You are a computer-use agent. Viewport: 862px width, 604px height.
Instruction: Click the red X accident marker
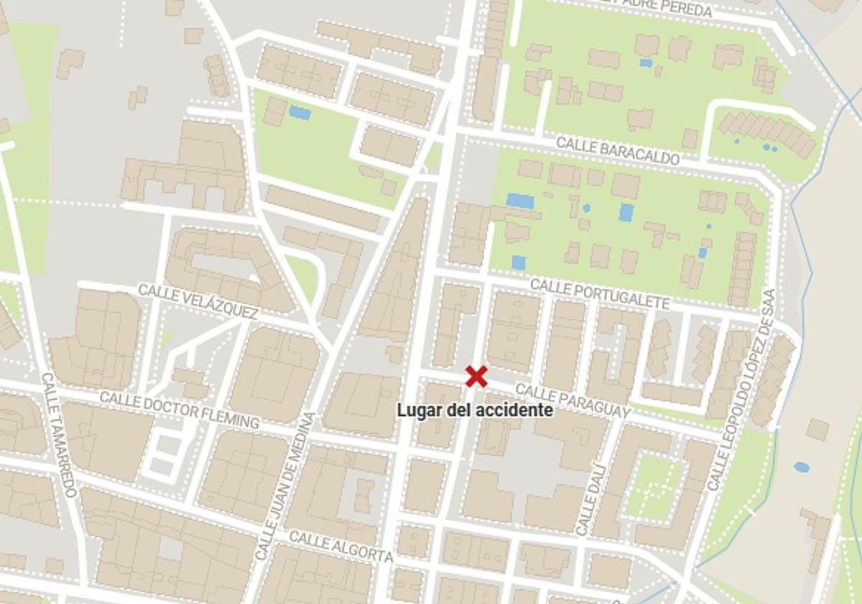[476, 376]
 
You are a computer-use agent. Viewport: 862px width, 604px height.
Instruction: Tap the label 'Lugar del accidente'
[476, 411]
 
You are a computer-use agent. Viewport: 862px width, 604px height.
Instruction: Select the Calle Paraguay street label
[573, 401]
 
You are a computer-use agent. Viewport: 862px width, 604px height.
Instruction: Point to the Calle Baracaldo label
[618, 151]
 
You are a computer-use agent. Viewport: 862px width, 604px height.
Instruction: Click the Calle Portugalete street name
[600, 295]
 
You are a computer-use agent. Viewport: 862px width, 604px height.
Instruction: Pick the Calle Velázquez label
[198, 301]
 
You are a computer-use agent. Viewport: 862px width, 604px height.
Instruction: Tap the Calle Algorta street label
[341, 546]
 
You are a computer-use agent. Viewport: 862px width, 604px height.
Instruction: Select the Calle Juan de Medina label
[286, 486]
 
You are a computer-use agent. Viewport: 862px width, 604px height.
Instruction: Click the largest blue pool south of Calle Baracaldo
[520, 201]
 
